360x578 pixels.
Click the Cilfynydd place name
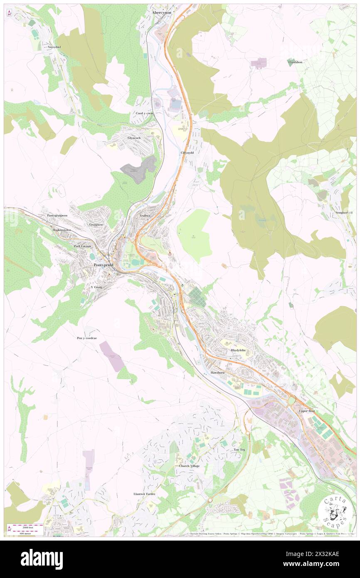pyautogui.click(x=187, y=153)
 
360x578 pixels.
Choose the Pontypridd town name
pyautogui.click(x=104, y=265)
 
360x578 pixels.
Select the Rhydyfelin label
pyautogui.click(x=238, y=350)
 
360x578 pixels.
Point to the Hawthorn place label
pyautogui.click(x=217, y=372)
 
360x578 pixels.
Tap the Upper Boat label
pyautogui.click(x=307, y=411)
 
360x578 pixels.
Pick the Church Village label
pyautogui.click(x=189, y=466)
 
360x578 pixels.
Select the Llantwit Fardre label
pyautogui.click(x=144, y=494)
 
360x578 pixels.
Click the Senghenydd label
pyautogui.click(x=344, y=212)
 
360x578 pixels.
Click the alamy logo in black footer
pyautogui.click(x=42, y=559)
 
